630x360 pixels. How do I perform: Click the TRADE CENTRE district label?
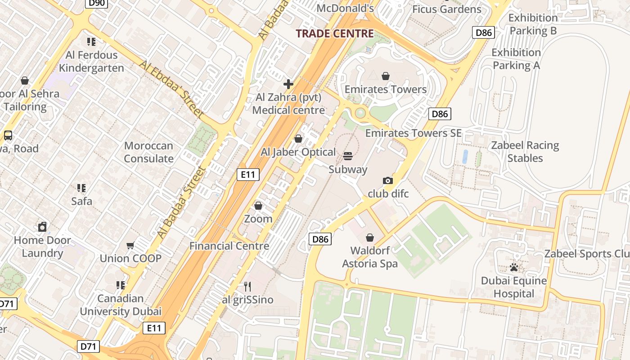[335, 33]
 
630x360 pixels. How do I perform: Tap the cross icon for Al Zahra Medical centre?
[288, 84]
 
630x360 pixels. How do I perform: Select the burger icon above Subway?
[348, 156]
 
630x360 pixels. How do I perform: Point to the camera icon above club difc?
[387, 180]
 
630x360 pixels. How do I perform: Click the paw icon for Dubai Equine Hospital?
[514, 268]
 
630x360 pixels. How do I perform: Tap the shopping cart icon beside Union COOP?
[130, 245]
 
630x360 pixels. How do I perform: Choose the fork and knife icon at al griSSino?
[247, 286]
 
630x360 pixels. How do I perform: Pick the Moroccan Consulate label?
[148, 152]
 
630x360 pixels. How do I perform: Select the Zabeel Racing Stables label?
[525, 152]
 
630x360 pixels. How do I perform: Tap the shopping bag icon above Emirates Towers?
[386, 76]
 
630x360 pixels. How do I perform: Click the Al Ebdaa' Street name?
[171, 90]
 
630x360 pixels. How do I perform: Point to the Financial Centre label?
[229, 246]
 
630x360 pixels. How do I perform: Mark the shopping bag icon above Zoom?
[258, 206]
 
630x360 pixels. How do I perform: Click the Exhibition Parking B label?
[533, 24]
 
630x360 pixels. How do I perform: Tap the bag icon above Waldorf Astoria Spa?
[370, 237]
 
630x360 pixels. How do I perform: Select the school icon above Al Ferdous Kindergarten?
[91, 42]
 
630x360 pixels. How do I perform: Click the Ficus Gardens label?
[446, 9]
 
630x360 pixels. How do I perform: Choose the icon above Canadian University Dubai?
[121, 285]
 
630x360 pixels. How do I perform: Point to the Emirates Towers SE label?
[413, 133]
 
